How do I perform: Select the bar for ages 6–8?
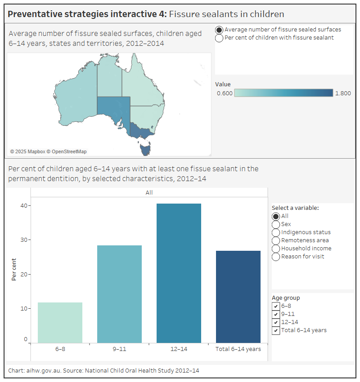click(60, 323)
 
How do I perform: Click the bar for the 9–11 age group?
click(119, 294)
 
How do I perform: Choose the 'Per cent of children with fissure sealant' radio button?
click(219, 38)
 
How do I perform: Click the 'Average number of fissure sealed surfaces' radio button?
click(219, 30)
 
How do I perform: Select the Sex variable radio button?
click(276, 224)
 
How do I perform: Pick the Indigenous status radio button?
click(276, 232)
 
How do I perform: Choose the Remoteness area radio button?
click(276, 240)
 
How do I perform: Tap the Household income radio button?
click(276, 249)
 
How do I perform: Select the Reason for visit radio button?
click(276, 257)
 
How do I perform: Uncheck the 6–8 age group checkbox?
click(276, 306)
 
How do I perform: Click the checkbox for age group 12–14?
click(276, 322)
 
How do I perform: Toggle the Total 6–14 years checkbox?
click(276, 330)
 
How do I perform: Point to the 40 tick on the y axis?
click(22, 206)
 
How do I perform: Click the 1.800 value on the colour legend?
click(343, 93)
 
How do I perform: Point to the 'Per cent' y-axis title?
click(14, 269)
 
